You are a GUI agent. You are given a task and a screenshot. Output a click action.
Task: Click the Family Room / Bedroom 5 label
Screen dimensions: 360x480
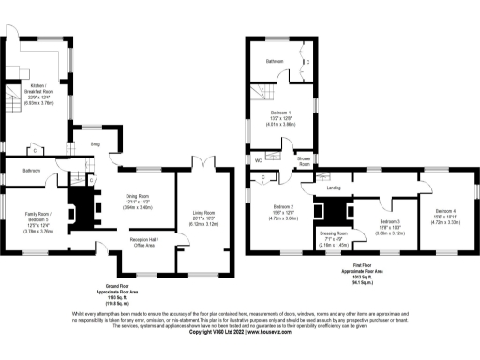[39, 221]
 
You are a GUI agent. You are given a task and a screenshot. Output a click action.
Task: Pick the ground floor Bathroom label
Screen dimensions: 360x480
[31, 170]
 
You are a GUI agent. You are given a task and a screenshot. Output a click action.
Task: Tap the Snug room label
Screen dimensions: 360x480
[95, 144]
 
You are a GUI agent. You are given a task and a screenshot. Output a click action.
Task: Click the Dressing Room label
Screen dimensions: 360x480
[336, 236]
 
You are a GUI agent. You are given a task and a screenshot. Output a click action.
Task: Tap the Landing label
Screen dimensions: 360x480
[333, 188]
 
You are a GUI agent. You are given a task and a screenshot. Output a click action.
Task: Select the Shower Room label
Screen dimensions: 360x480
[304, 161]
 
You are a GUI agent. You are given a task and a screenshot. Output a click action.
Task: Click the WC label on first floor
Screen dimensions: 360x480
[258, 161]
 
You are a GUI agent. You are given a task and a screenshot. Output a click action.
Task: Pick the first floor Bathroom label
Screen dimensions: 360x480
[275, 61]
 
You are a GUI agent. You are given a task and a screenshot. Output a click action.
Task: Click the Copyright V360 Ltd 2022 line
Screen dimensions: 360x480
[239, 332]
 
